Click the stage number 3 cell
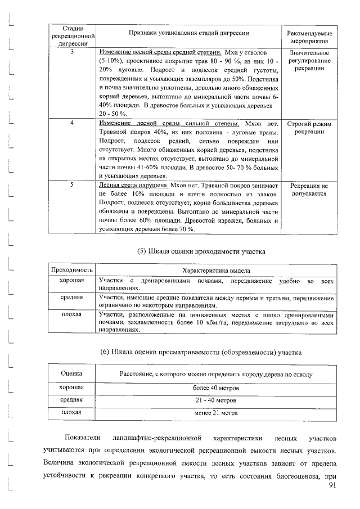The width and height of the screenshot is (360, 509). (x=71, y=52)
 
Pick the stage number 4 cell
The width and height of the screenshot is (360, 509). (x=71, y=123)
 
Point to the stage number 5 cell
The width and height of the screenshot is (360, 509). (x=71, y=184)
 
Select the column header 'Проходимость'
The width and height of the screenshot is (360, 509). (x=72, y=271)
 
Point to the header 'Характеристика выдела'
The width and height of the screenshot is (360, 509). (x=217, y=271)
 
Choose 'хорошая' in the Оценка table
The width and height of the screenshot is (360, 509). (x=71, y=388)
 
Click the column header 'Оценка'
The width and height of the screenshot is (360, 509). (x=71, y=373)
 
